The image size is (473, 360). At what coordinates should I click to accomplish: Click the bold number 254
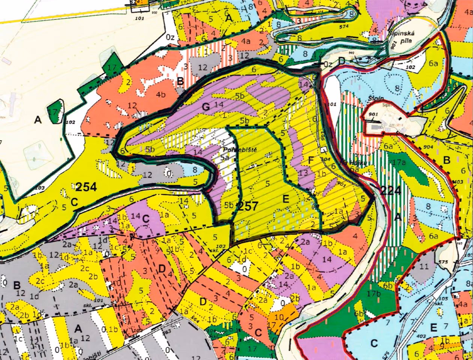[x=86, y=186]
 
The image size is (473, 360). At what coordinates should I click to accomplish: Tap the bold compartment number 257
[x=248, y=206]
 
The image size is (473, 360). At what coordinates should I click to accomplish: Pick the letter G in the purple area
[x=206, y=107]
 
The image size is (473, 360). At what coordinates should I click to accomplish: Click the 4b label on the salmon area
[x=161, y=94]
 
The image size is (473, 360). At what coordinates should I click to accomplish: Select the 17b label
[x=374, y=294]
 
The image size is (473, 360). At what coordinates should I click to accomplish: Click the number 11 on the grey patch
[x=424, y=266]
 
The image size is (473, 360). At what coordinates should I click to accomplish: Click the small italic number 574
[x=343, y=27]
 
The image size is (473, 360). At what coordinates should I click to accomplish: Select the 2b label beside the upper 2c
[x=93, y=276]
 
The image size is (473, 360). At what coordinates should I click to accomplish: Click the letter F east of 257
[x=310, y=160]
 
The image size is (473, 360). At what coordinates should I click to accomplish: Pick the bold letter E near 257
[x=286, y=199]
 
